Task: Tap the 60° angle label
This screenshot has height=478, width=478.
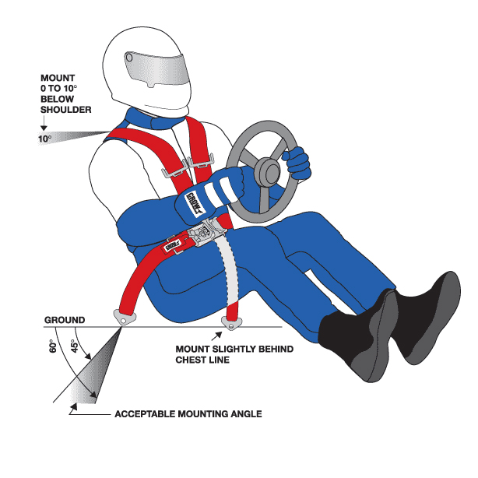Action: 52,348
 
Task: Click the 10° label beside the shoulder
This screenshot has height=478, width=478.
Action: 44,139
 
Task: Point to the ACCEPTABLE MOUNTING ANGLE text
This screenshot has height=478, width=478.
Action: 188,414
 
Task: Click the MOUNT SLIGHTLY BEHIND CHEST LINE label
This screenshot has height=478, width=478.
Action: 234,354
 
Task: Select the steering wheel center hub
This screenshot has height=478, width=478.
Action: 268,169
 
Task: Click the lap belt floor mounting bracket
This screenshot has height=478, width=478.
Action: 124,315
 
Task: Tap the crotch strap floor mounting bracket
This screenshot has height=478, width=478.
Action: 231,320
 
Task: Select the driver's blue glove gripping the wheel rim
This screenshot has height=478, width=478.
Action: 297,163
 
